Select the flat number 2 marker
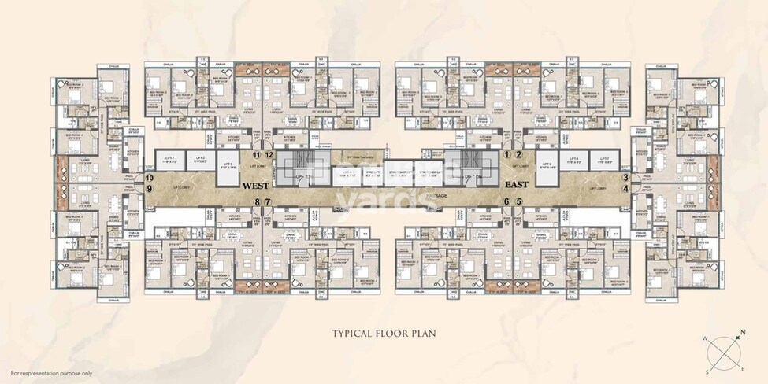518,154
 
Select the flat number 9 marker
256,155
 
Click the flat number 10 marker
269,155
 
